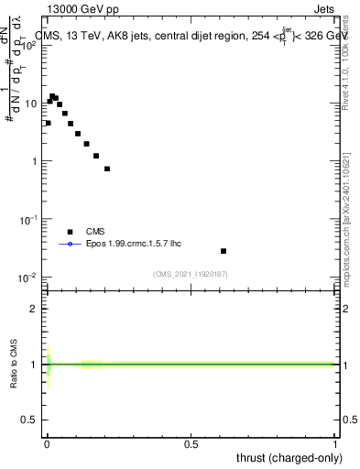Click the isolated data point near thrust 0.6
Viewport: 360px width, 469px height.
[224, 251]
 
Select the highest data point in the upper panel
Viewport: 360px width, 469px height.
[52, 95]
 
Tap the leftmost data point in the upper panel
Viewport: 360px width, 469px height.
[48, 123]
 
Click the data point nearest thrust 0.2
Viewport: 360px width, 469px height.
[107, 169]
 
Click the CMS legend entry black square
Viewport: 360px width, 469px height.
[70, 232]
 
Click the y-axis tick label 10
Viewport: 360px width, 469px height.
[33, 104]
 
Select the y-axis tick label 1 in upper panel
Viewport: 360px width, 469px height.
[37, 161]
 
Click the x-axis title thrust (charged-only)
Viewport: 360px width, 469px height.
[288, 458]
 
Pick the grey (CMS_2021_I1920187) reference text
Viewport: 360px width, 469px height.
[191, 274]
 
